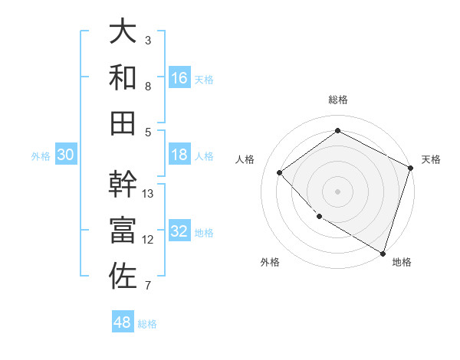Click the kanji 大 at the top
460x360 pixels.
(x=123, y=31)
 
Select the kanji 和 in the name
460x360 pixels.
(x=123, y=77)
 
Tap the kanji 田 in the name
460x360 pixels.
(x=123, y=123)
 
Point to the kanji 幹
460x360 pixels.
(x=123, y=184)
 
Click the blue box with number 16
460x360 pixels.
(x=179, y=78)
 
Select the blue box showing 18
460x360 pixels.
(x=179, y=155)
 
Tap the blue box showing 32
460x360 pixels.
(x=179, y=231)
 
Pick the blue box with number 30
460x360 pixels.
(x=66, y=155)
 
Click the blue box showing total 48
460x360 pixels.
(x=123, y=322)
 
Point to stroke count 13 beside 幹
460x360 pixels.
(x=148, y=193)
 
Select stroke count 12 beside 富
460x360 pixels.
(x=148, y=239)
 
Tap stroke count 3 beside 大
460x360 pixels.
(x=148, y=40)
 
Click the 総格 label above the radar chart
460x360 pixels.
(x=337, y=100)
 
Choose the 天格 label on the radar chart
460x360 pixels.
(x=431, y=159)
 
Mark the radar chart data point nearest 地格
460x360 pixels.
(x=383, y=252)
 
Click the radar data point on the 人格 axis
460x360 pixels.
(x=280, y=172)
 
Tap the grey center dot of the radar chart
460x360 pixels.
(x=337, y=191)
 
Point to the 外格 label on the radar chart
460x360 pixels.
(x=270, y=262)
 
